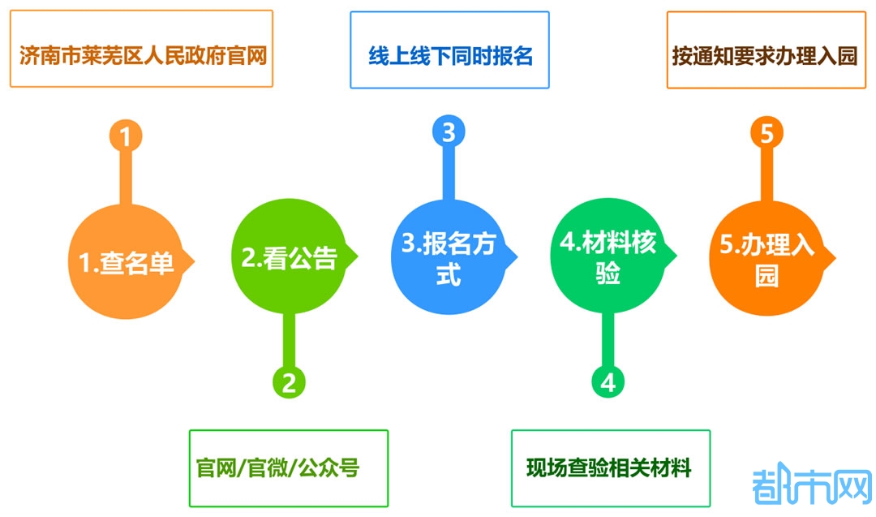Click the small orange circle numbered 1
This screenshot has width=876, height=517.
[125, 136]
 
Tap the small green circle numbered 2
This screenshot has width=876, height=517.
[289, 381]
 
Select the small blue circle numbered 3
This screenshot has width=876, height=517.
[449, 131]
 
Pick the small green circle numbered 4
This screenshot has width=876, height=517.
[608, 381]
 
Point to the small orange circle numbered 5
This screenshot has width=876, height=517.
[766, 133]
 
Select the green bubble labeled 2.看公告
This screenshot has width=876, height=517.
[287, 257]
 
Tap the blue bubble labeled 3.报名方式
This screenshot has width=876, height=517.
[448, 258]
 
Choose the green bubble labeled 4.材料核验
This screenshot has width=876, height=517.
[608, 257]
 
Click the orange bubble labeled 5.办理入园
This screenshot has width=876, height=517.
[766, 258]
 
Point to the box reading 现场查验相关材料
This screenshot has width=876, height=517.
[610, 468]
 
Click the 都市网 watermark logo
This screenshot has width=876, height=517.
[810, 486]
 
